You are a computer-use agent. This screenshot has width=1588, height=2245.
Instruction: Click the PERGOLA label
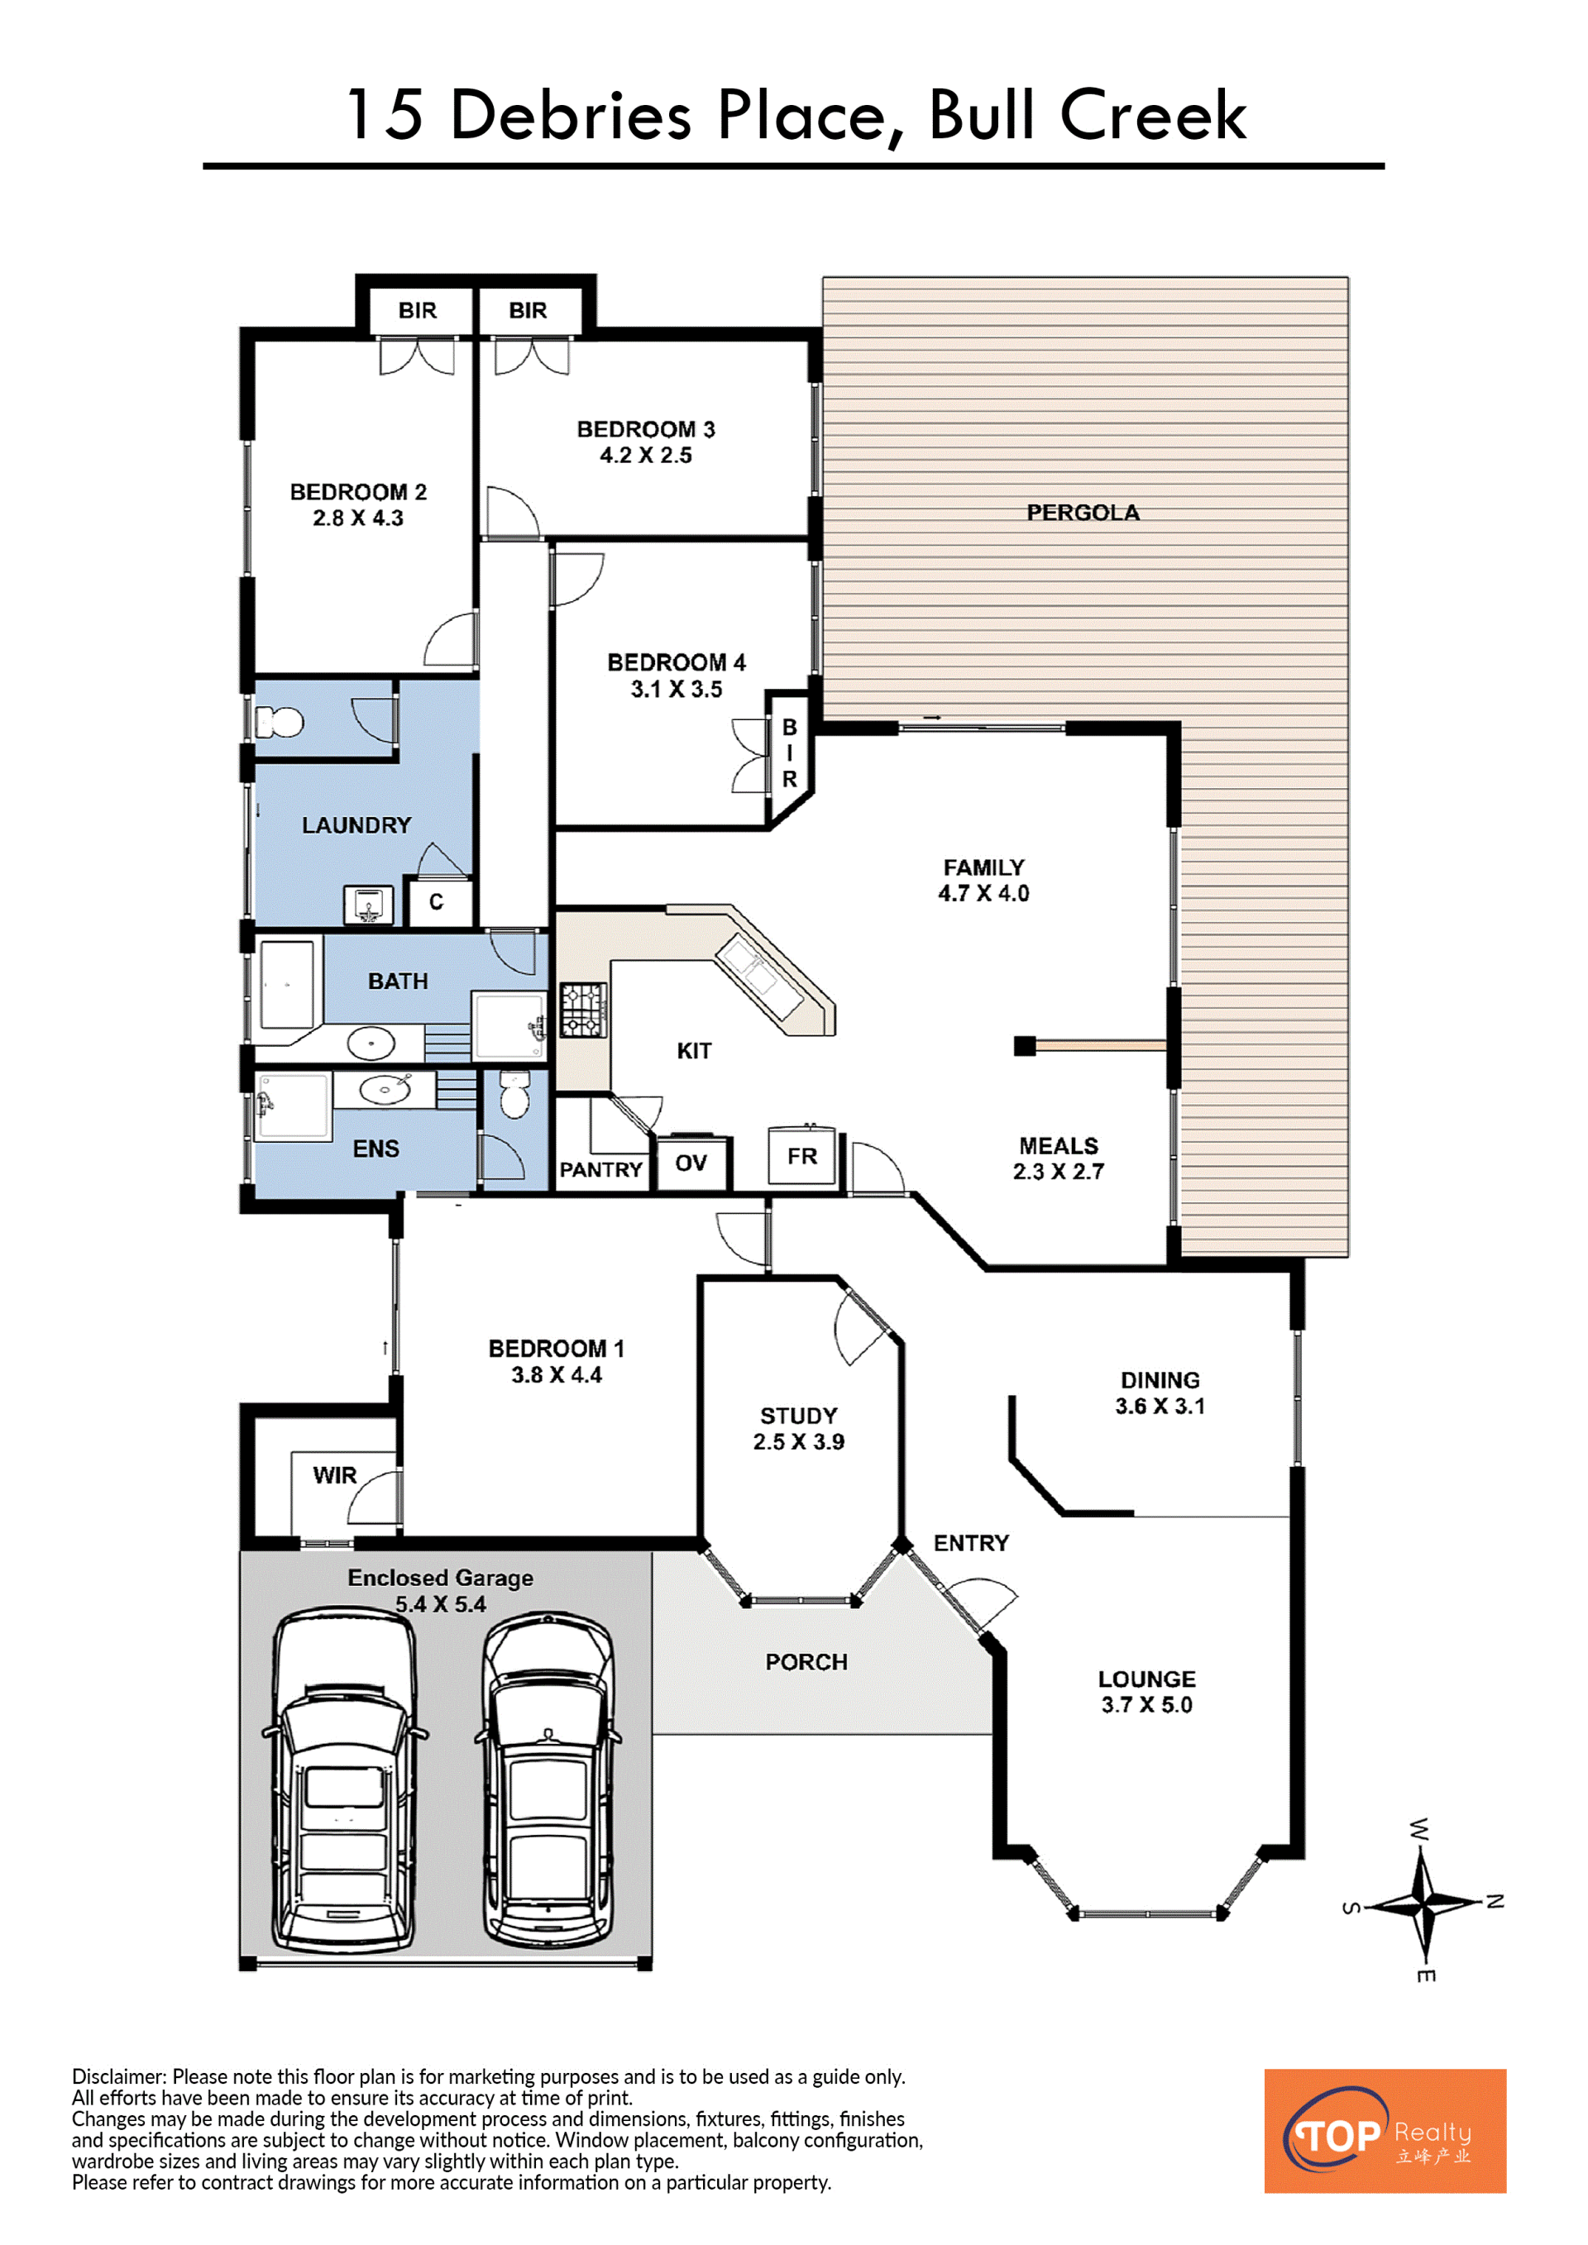pos(1083,513)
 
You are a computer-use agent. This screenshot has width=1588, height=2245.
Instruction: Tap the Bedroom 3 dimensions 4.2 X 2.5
pos(645,456)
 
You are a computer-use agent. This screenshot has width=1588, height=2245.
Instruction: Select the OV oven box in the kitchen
pos(692,1162)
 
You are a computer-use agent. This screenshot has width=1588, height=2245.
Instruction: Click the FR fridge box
pos(801,1156)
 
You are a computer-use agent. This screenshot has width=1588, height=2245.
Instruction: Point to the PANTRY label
pos(600,1169)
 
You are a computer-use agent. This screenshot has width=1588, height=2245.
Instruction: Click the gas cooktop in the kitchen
pos(583,1010)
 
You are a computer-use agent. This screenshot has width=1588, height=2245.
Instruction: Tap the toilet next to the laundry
pos(279,723)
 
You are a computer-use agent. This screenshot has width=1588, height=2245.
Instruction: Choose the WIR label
pos(334,1475)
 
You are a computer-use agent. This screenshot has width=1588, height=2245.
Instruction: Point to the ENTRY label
pos(971,1543)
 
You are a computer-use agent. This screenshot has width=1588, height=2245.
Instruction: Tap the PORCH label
pos(806,1662)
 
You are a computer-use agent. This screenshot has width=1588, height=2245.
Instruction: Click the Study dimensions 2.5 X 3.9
pos(799,1442)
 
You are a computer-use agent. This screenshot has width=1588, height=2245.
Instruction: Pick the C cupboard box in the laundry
pos(436,901)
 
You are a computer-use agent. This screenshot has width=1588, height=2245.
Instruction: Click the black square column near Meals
pos(1025,1046)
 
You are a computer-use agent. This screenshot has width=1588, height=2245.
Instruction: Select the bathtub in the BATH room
pos(286,985)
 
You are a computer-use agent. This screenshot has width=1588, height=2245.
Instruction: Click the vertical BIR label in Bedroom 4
pos(789,753)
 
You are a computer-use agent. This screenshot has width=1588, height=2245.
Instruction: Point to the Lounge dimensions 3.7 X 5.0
pos(1147,1705)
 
